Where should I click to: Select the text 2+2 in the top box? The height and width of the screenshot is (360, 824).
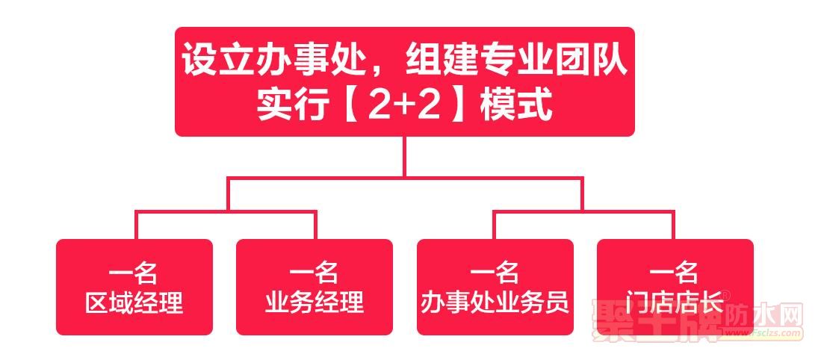[404, 107]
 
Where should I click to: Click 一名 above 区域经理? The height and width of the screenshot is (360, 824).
[134, 273]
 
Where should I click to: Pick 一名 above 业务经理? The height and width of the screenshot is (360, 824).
[315, 273]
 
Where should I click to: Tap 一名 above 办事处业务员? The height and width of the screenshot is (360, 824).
[495, 273]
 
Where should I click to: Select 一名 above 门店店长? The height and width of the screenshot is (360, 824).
[675, 273]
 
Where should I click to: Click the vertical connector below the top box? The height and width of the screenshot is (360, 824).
[404, 156]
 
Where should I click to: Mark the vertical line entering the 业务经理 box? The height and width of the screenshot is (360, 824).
[315, 225]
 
